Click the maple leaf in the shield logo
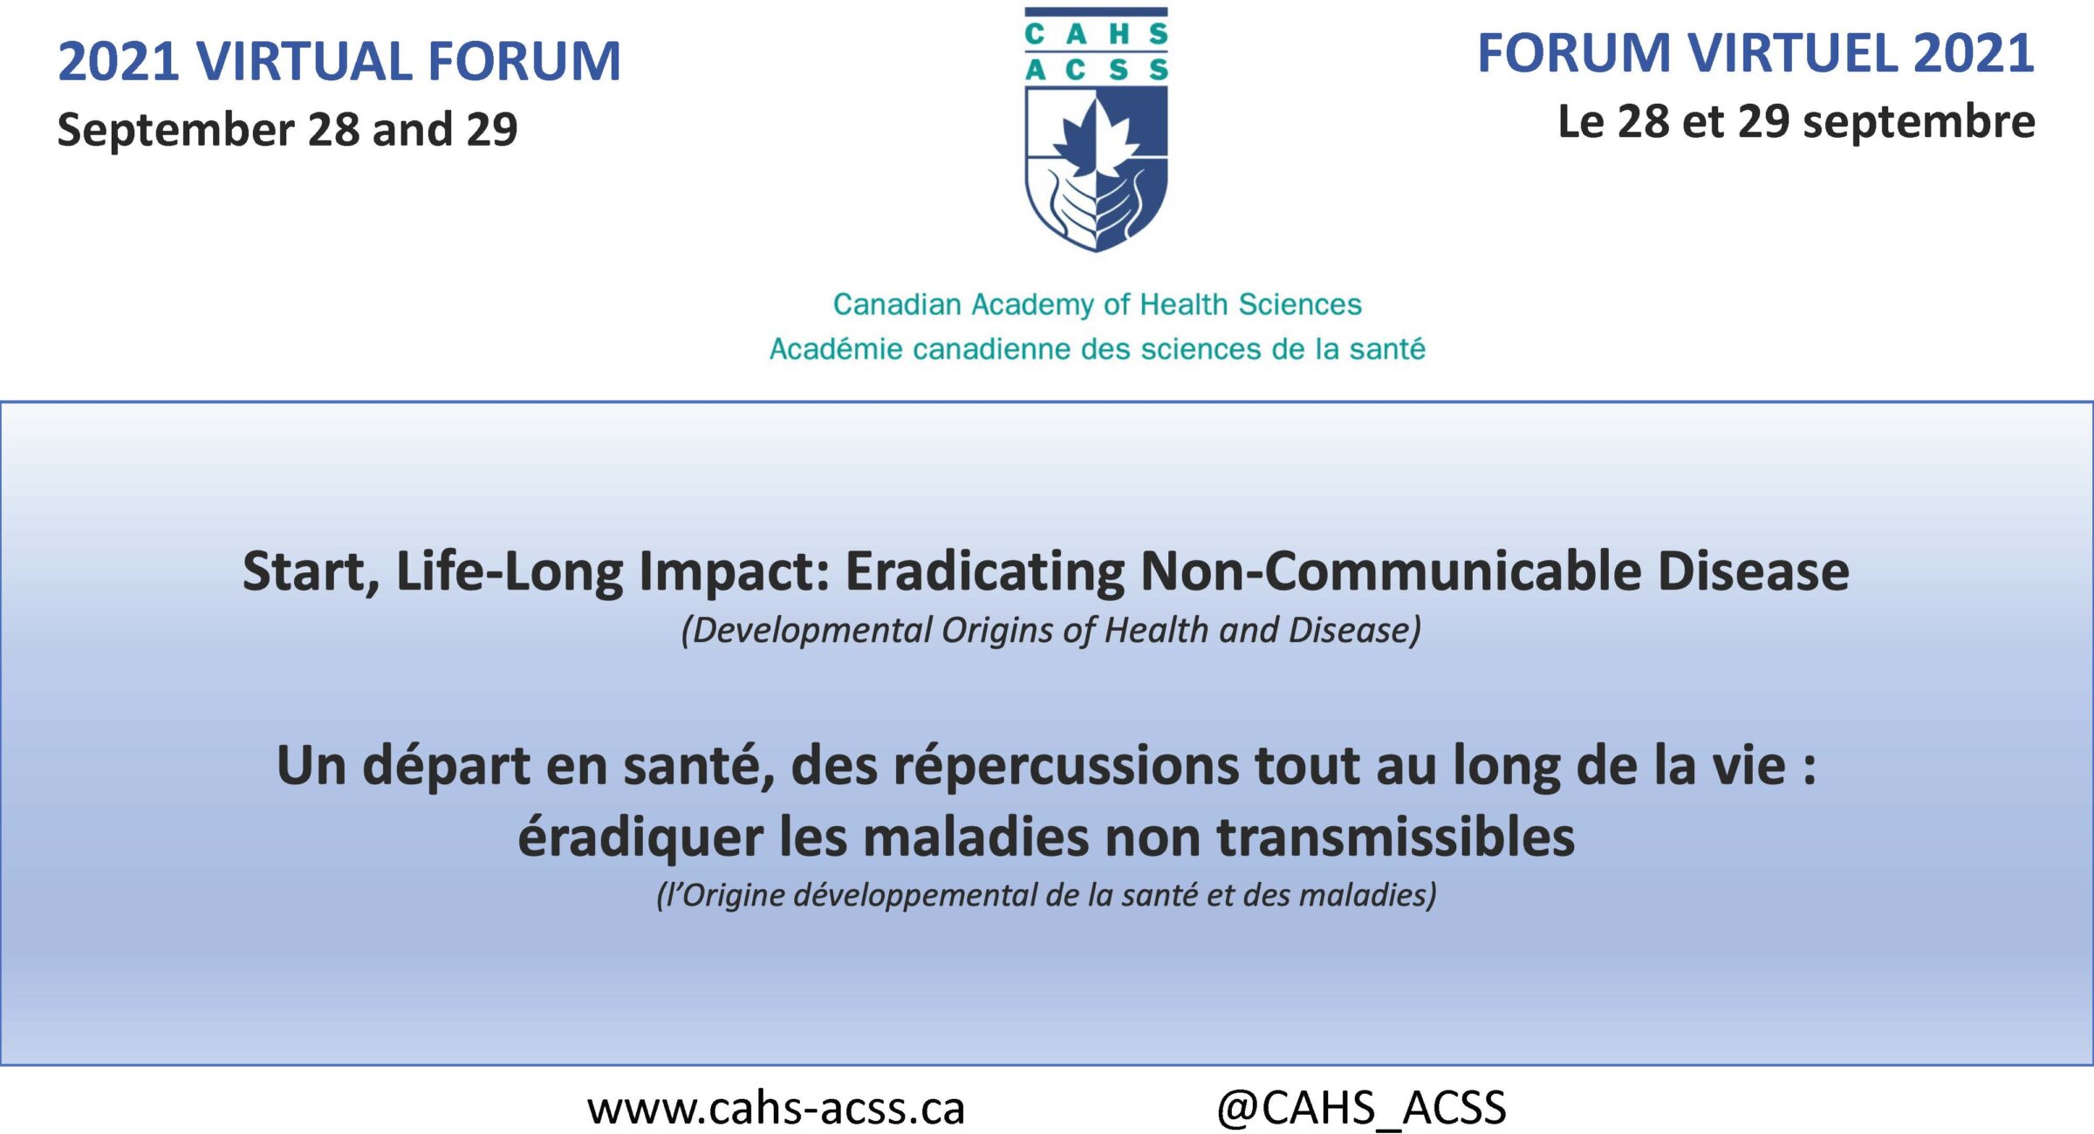point(1096,138)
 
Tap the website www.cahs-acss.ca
point(776,1109)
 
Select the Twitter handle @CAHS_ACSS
point(1361,1108)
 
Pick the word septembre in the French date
point(1919,122)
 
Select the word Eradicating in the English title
point(985,571)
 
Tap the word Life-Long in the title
point(509,572)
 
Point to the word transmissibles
point(1396,837)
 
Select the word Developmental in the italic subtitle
point(806,631)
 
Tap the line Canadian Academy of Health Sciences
point(1097,304)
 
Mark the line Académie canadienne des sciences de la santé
point(1097,349)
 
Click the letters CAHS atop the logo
point(1097,34)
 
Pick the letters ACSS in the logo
point(1097,70)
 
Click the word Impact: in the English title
point(734,572)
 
